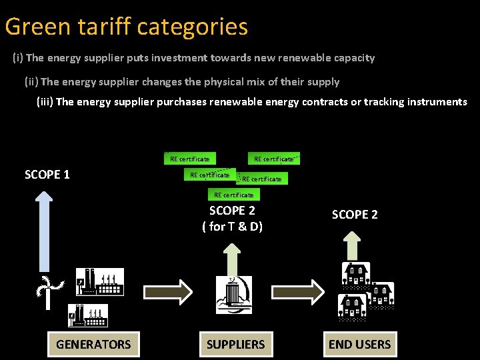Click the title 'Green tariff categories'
(127, 27)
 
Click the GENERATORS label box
(93, 344)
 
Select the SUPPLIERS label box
(235, 344)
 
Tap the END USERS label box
(359, 344)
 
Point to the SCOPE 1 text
(47, 175)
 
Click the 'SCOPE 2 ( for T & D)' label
(232, 218)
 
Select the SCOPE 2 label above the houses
(355, 215)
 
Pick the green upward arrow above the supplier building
(232, 255)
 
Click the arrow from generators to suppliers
(168, 291)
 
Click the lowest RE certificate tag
(233, 195)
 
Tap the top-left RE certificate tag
(189, 159)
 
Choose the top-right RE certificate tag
(274, 159)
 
